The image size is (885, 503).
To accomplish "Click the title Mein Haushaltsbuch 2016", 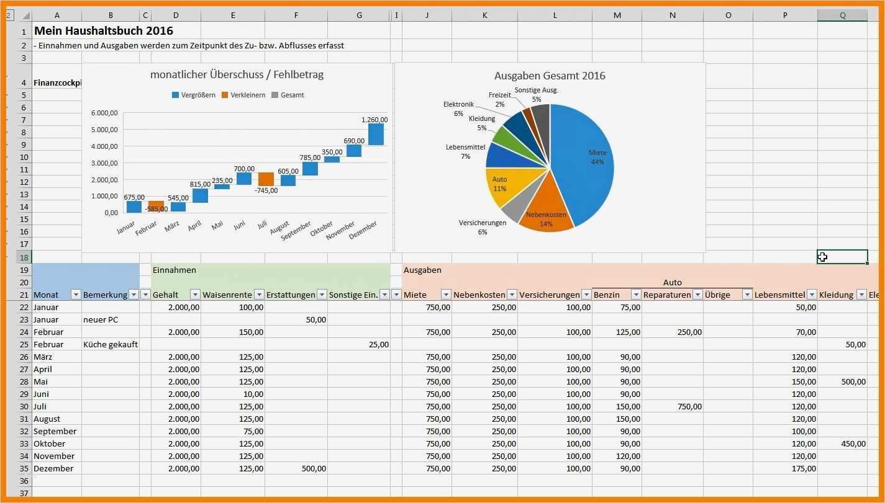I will point(103,30).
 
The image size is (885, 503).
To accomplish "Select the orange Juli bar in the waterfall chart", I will point(266,179).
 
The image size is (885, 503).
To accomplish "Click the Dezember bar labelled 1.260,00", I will point(376,134).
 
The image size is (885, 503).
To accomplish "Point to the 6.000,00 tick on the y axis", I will point(104,113).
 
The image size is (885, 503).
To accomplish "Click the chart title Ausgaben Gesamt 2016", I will point(549,76).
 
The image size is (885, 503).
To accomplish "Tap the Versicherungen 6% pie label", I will point(483,226).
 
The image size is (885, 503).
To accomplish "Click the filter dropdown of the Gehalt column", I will point(194,295).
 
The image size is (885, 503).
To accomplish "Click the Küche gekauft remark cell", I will point(110,344).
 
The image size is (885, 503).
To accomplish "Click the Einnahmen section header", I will point(175,270).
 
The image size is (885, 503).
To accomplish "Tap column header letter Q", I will point(842,16).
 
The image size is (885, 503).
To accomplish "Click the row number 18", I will point(24,257).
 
